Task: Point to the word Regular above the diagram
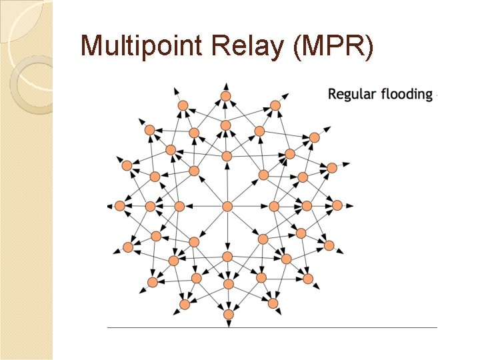point(352,94)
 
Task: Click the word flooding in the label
point(407,94)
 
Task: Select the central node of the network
point(227,206)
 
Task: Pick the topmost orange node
point(226,97)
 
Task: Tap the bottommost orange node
point(228,314)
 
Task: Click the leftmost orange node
point(120,205)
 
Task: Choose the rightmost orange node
point(337,205)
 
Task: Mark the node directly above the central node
point(227,156)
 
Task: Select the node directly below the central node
point(227,256)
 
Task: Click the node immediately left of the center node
point(179,206)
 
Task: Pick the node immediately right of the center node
point(273,206)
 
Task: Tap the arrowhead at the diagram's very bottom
point(228,325)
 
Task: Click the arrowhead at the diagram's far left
point(110,206)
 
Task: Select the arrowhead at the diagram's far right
point(350,205)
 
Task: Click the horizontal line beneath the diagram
point(272,327)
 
